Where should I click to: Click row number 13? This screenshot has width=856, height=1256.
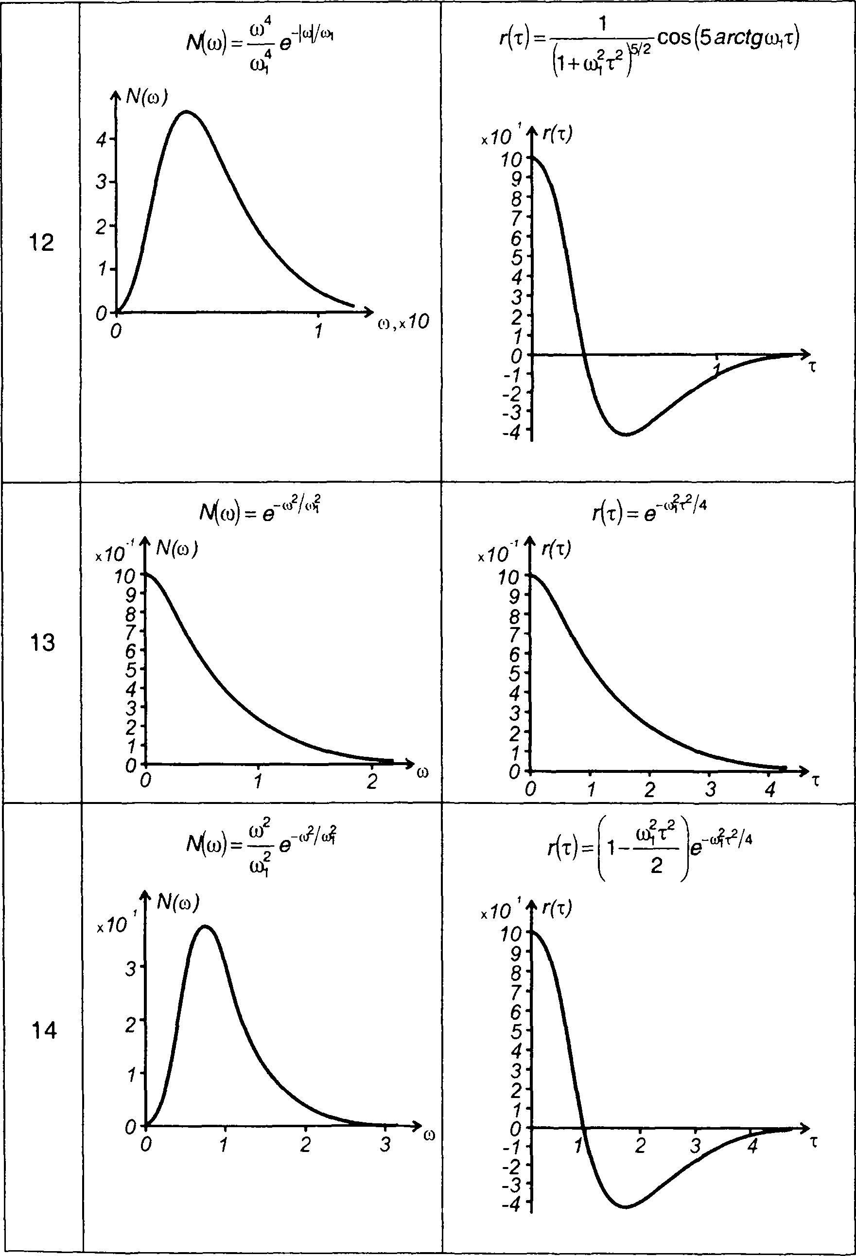[42, 643]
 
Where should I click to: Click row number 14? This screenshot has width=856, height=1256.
[44, 1031]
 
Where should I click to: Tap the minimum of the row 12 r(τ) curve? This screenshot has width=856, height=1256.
[626, 434]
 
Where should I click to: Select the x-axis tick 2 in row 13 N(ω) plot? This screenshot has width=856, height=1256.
[371, 782]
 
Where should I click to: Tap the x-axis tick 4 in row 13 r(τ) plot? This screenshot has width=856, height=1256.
[770, 789]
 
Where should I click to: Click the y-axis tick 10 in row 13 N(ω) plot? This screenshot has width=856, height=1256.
[125, 576]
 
